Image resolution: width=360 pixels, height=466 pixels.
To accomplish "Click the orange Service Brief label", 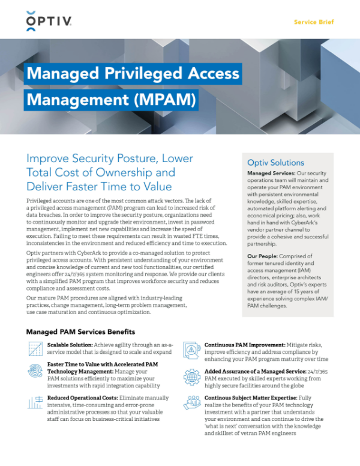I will (313, 22).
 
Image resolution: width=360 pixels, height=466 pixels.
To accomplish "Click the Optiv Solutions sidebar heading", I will (275, 162).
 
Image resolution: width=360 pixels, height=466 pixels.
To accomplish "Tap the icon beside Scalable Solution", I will (35, 349).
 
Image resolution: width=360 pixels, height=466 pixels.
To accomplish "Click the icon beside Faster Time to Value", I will (35, 371).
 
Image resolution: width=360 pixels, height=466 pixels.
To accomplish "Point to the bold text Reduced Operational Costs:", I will (86, 398).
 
